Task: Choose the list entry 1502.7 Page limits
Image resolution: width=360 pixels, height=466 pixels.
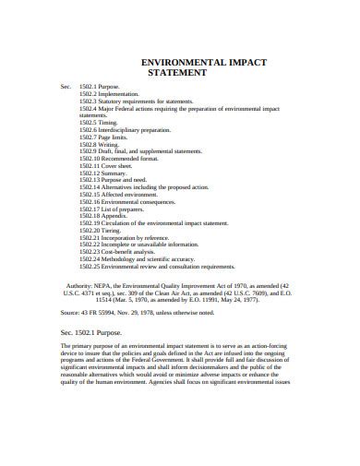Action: tap(106, 137)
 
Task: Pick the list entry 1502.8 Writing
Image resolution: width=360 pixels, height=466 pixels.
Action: tap(100, 144)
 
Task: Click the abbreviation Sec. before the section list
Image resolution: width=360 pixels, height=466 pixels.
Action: tap(66, 86)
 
